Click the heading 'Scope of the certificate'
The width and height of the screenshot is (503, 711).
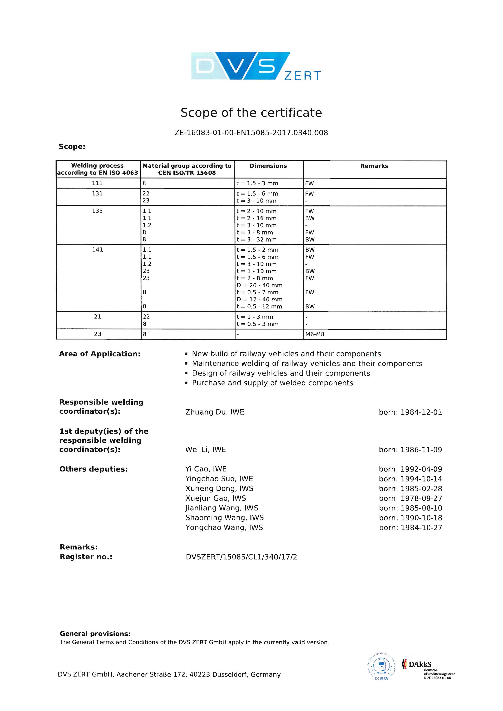(251, 113)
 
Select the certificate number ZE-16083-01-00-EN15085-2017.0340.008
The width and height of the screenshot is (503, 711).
(251, 133)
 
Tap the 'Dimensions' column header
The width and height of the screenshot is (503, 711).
(268, 166)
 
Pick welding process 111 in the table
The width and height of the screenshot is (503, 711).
(97, 183)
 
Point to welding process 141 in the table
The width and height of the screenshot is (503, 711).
(97, 250)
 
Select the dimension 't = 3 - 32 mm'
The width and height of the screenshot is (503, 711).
(256, 240)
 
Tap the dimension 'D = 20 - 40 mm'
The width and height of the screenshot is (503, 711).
(260, 285)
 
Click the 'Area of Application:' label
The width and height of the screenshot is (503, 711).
(100, 354)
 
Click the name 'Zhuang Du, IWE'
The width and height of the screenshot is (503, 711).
(215, 412)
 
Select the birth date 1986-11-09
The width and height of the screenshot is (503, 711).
(421, 450)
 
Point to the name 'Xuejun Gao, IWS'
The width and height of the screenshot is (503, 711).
(216, 498)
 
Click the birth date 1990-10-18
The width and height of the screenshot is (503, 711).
(421, 518)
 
